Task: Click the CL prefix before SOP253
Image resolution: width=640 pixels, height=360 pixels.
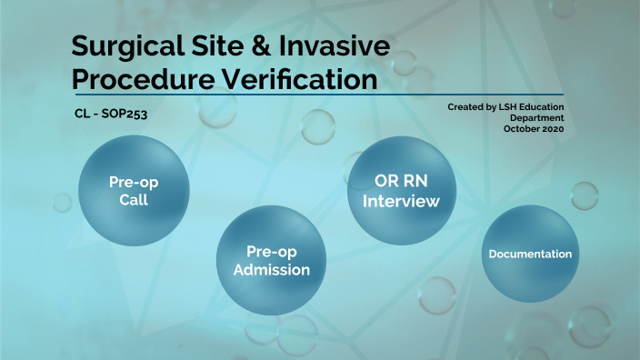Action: tap(82, 116)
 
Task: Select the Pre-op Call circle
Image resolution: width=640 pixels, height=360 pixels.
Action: tap(135, 191)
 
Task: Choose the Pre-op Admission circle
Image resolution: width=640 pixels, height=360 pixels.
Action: tap(271, 260)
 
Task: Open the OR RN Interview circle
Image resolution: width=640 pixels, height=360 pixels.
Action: tap(401, 191)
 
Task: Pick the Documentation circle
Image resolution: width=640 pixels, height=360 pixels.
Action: tap(530, 254)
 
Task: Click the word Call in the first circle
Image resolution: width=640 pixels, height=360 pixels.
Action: tap(134, 200)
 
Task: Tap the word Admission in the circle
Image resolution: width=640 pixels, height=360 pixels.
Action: tap(271, 270)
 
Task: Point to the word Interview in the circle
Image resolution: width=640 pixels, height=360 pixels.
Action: tap(401, 201)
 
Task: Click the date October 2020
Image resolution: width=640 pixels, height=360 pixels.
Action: tap(534, 130)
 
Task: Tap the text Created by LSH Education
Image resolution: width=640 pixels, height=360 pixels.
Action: tap(505, 107)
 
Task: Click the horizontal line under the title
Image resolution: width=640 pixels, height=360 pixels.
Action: tap(318, 94)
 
